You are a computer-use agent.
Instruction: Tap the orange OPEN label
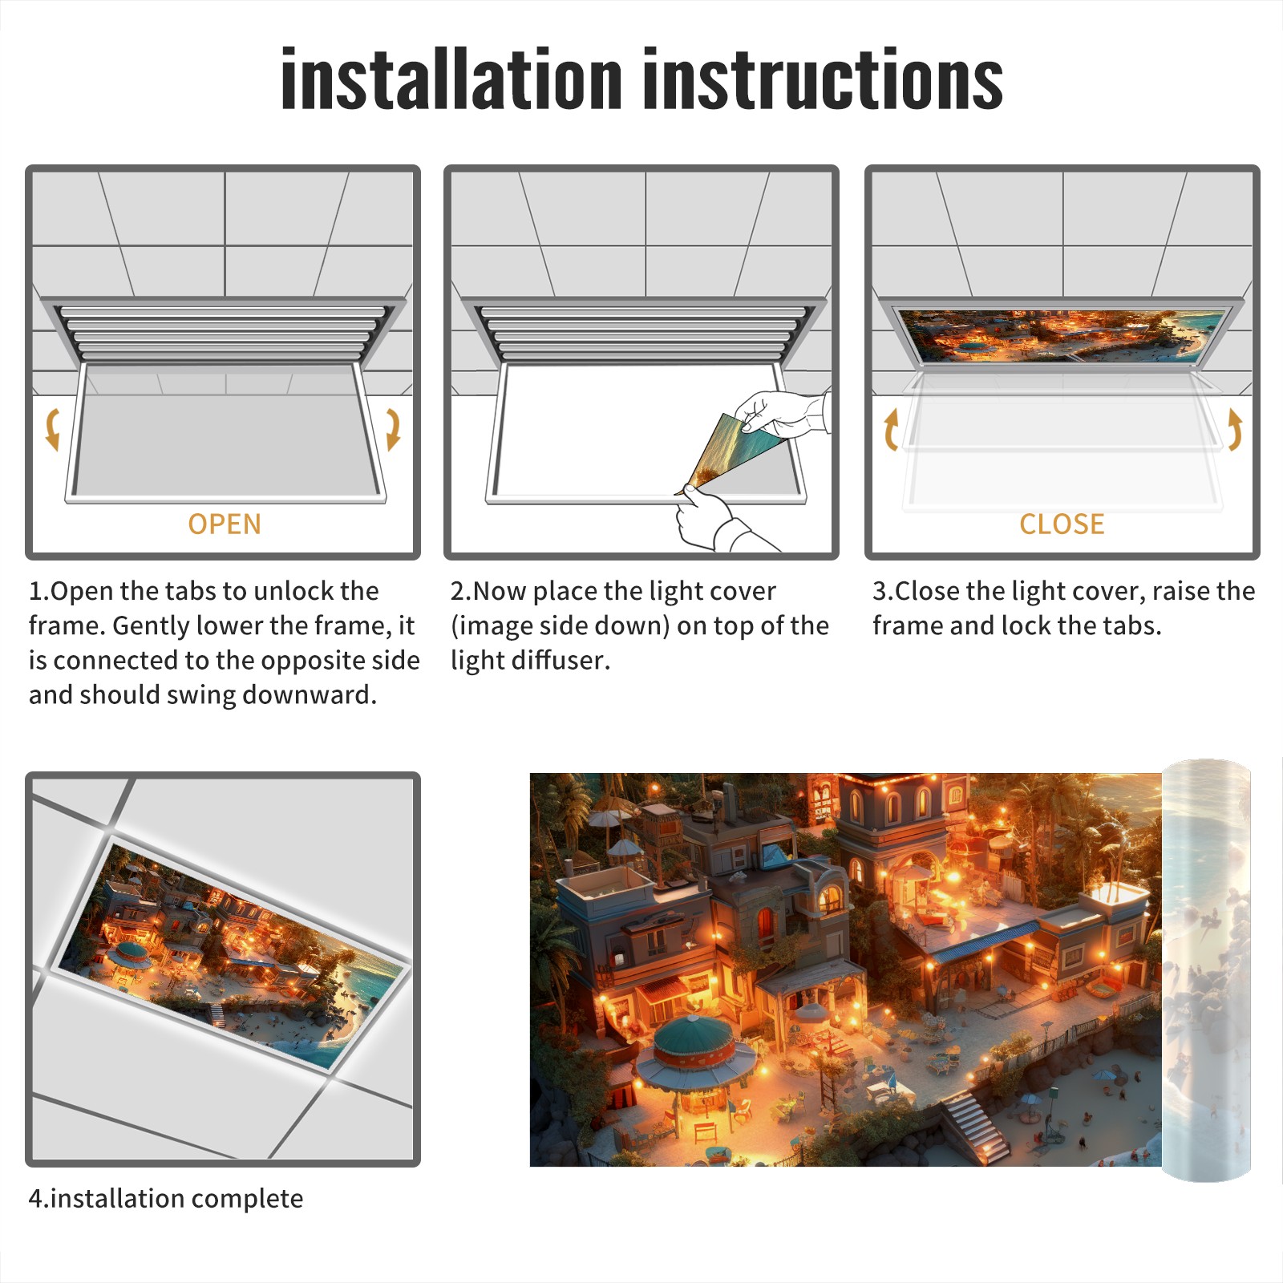225,524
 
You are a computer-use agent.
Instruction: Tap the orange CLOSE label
1062,524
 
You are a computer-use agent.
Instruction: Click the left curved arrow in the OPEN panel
52,429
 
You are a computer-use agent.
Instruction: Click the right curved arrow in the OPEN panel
393,429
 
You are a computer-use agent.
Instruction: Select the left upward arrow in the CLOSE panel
891,429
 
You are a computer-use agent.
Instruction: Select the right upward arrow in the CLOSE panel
1235,429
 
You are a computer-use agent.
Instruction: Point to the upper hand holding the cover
782,413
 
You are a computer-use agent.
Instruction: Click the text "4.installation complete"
166,1198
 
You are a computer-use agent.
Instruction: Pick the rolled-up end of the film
1206,970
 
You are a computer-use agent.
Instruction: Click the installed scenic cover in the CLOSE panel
1062,336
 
